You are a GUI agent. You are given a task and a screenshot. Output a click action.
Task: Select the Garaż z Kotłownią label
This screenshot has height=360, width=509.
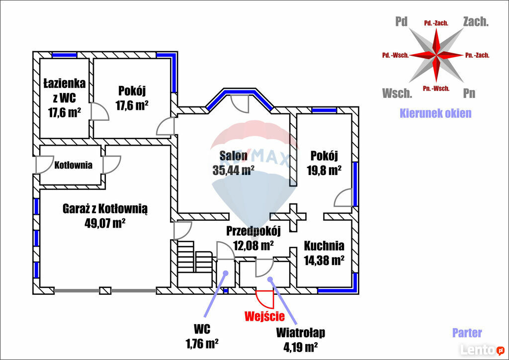[x=105, y=209]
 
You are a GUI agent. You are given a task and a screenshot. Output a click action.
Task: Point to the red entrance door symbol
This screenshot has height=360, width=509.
[x=265, y=299]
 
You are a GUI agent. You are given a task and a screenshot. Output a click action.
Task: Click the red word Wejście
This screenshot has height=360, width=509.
[x=264, y=315]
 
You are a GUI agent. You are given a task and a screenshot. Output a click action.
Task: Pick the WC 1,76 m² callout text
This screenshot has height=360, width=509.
[x=202, y=336]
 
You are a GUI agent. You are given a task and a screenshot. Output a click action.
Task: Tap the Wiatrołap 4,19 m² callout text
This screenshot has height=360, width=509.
[x=301, y=339]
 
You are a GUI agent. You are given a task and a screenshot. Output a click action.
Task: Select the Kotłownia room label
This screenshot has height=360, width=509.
[x=73, y=165]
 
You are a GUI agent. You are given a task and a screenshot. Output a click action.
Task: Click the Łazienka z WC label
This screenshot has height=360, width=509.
[x=64, y=97]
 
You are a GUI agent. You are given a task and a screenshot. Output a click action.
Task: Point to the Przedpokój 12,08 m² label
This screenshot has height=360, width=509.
[x=254, y=238]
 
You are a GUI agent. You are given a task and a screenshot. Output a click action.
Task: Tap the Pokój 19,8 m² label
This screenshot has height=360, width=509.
[x=324, y=162]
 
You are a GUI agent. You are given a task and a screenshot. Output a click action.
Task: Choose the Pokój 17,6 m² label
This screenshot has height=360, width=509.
[x=132, y=98]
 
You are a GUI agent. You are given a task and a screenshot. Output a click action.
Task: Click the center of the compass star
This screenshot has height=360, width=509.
[x=436, y=55]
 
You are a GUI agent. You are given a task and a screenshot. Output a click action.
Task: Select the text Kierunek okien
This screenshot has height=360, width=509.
[x=435, y=113]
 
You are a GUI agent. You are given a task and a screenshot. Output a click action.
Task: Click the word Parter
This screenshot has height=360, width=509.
[x=467, y=333]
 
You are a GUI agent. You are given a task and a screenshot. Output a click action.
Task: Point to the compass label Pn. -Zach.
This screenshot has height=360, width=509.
[x=477, y=55]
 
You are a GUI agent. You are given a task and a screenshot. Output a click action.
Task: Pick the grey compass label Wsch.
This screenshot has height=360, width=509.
[x=397, y=93]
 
